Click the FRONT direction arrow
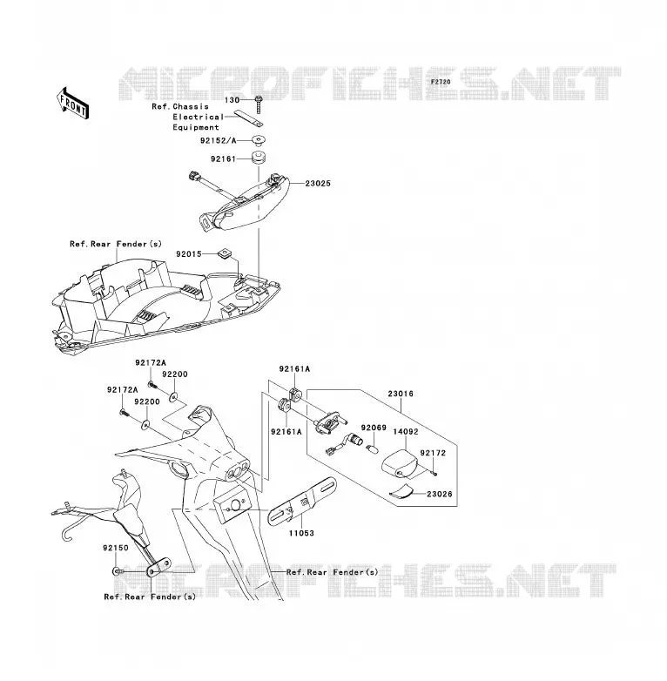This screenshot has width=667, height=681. pyautogui.click(x=72, y=104)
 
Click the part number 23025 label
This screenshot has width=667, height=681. pyautogui.click(x=318, y=184)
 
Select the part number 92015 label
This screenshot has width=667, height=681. pyautogui.click(x=189, y=254)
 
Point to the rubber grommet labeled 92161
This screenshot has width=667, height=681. pyautogui.click(x=259, y=158)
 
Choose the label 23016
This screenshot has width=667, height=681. pyautogui.click(x=401, y=394)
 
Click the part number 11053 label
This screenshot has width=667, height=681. pyautogui.click(x=301, y=533)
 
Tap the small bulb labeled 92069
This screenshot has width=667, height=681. pyautogui.click(x=373, y=448)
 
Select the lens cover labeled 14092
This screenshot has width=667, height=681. pyautogui.click(x=400, y=464)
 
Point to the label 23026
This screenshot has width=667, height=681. pyautogui.click(x=440, y=494)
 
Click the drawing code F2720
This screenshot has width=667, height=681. pyautogui.click(x=441, y=82)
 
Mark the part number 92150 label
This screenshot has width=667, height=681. pyautogui.click(x=116, y=548)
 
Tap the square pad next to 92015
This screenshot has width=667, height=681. pyautogui.click(x=224, y=253)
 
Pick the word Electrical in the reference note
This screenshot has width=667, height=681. pyautogui.click(x=199, y=117)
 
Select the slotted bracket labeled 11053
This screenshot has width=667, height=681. pyautogui.click(x=302, y=501)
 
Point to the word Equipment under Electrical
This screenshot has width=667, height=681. pyautogui.click(x=196, y=127)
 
